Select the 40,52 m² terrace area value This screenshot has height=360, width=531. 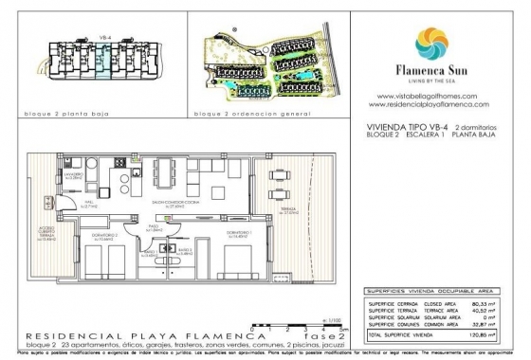coord(492,311)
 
